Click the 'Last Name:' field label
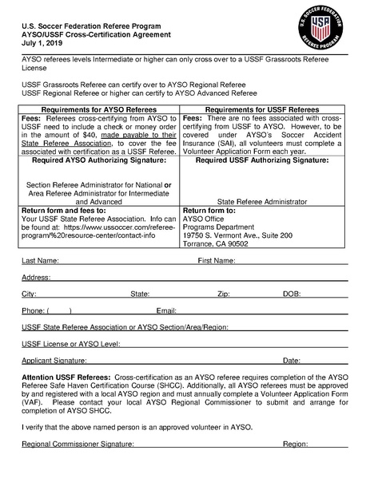coord(40,261)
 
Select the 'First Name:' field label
coord(216,261)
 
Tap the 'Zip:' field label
coord(223,294)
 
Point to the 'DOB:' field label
coord(292,294)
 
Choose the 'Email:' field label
coord(166,310)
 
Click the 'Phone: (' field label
coord(36,310)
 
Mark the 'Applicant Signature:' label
coord(54,361)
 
